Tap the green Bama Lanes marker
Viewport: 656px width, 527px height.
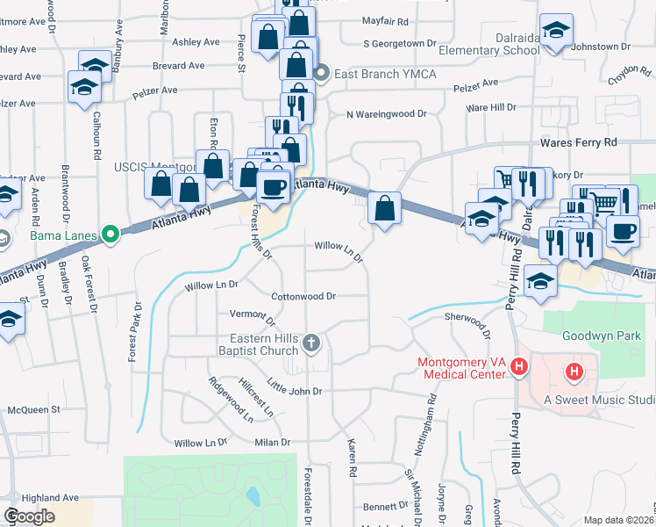click(110, 235)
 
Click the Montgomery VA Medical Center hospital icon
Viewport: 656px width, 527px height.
click(519, 367)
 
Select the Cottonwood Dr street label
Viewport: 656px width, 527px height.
click(303, 297)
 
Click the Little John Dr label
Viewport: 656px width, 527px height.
click(295, 387)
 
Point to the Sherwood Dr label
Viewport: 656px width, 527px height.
click(467, 321)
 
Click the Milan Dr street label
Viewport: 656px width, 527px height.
click(271, 443)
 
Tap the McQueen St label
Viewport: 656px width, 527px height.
click(33, 409)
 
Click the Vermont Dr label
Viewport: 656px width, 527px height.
click(252, 314)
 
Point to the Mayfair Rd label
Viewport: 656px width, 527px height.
click(385, 21)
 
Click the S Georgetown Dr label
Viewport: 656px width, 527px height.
click(399, 43)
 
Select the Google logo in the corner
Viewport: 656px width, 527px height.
click(30, 516)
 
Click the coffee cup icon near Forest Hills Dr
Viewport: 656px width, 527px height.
click(274, 187)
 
